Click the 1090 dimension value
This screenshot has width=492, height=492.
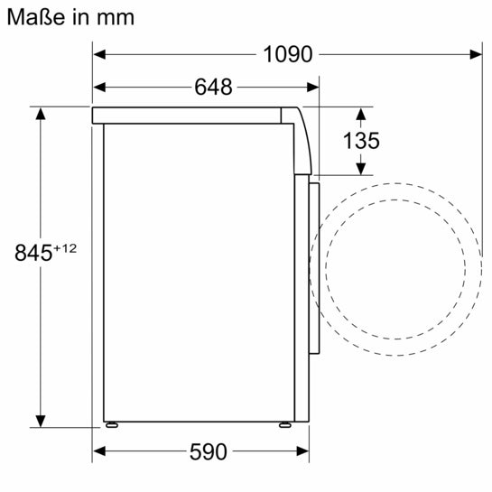(x=288, y=54)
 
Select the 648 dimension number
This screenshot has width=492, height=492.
(x=213, y=88)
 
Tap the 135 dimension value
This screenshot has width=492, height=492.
(x=361, y=141)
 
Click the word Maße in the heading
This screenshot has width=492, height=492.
(x=32, y=16)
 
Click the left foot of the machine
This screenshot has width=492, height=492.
(x=112, y=424)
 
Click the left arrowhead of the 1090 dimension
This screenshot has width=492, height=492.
(x=99, y=54)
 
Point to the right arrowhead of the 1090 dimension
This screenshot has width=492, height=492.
(x=476, y=54)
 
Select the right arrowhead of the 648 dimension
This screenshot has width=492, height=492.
(x=314, y=88)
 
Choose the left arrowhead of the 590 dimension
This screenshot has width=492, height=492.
(x=99, y=450)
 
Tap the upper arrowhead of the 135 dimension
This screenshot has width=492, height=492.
(x=361, y=114)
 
